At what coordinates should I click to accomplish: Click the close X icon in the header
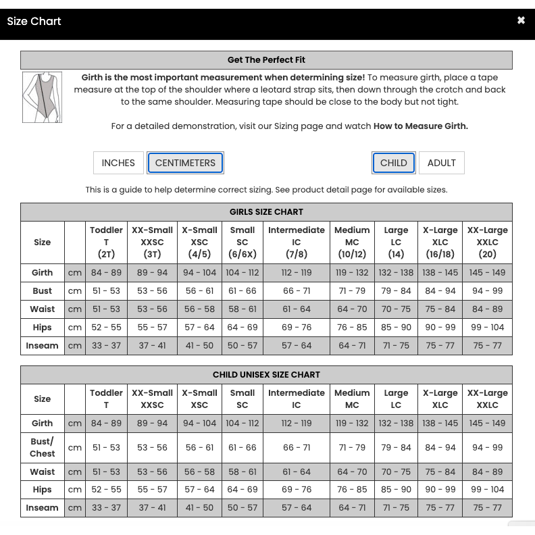[x=521, y=21]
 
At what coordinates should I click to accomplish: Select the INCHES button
[x=118, y=163]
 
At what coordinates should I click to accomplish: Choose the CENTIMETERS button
[x=185, y=163]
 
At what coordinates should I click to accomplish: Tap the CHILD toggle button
[x=393, y=163]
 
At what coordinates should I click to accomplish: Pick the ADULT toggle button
[x=442, y=163]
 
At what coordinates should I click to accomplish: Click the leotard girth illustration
[x=42, y=97]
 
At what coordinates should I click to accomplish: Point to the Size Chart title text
[x=34, y=22]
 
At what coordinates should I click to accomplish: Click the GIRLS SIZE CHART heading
[x=266, y=212]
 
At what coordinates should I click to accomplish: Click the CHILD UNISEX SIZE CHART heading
[x=266, y=375]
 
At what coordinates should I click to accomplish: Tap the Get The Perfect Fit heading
[x=266, y=60]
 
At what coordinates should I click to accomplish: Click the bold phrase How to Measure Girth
[x=420, y=126]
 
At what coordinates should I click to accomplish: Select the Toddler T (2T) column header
[x=106, y=242]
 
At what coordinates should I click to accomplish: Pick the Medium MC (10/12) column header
[x=352, y=242]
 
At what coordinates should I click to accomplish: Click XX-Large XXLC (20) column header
[x=487, y=242]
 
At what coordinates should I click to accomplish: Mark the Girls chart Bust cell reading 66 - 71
[x=297, y=291]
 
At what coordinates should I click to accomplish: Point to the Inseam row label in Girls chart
[x=42, y=346]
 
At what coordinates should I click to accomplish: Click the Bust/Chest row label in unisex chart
[x=42, y=447]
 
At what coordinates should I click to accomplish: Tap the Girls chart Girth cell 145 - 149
[x=487, y=273]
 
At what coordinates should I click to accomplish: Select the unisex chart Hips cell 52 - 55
[x=106, y=490]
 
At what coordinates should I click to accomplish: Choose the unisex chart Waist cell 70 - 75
[x=396, y=472]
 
